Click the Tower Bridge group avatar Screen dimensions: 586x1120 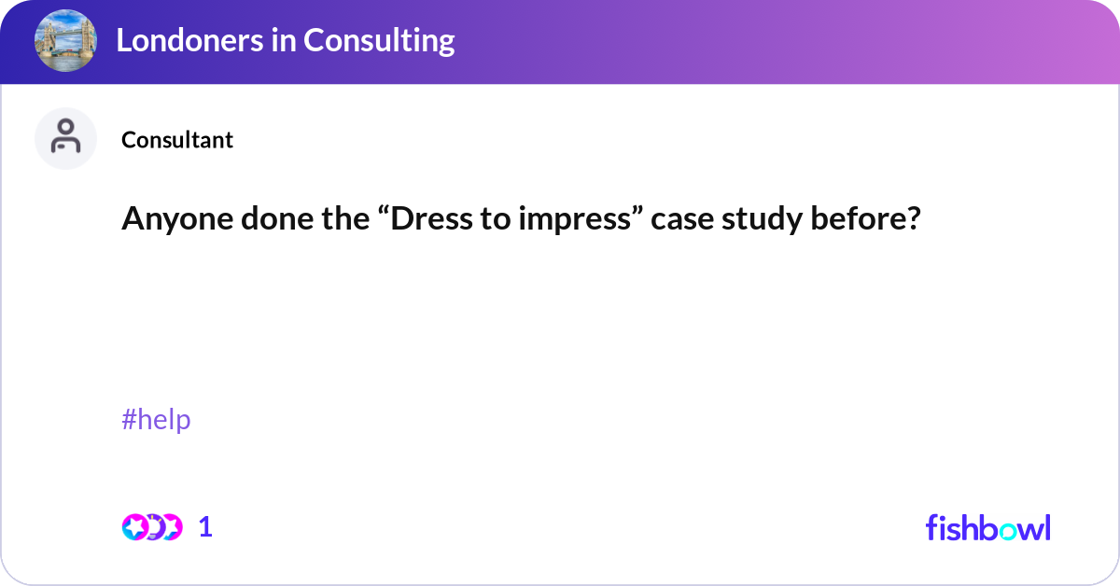pos(65,40)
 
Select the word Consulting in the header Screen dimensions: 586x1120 pos(379,40)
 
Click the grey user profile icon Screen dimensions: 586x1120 pos(65,138)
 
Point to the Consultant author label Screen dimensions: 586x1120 pos(177,140)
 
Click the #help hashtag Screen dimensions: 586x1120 pos(156,420)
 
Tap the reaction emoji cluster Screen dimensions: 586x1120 pos(151,527)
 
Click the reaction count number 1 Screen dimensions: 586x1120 pos(205,527)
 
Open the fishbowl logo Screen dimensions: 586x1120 pos(987,527)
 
